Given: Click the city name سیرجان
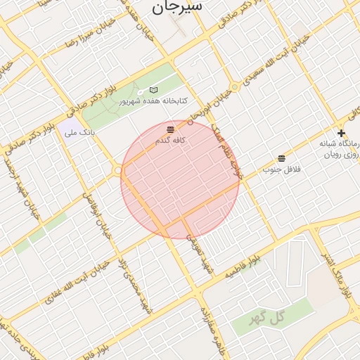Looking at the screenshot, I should click(x=176, y=7).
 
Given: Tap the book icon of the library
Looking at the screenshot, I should click(x=154, y=90).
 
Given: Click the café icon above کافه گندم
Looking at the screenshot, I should click(x=170, y=129).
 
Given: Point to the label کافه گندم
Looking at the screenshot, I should click(x=170, y=141).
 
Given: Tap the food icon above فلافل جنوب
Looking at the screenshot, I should click(x=281, y=158).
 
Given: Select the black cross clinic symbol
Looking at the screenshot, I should click(x=341, y=133).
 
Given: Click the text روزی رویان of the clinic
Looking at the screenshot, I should click(x=343, y=153).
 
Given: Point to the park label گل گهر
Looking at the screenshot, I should click(x=268, y=316).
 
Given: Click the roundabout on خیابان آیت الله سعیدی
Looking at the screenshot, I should click(x=235, y=88).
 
